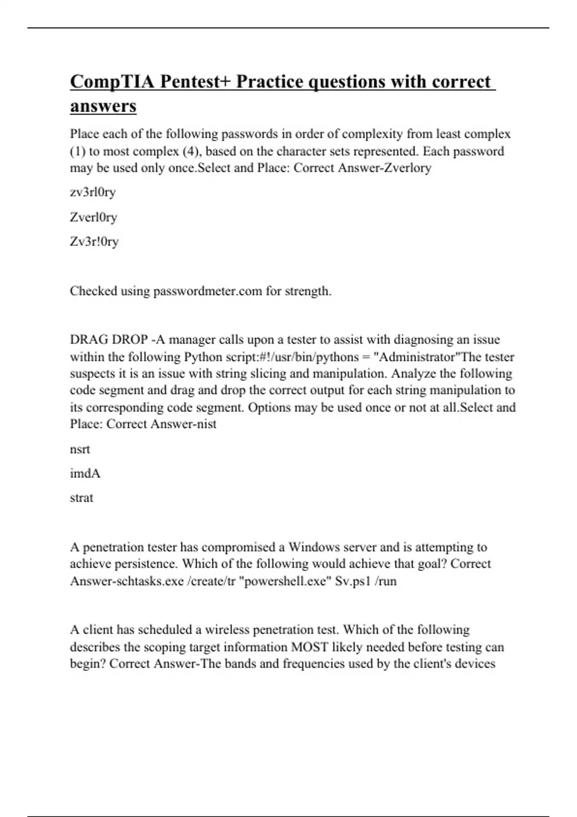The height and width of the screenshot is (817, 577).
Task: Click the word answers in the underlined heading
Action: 103,106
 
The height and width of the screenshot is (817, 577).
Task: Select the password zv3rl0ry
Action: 93,192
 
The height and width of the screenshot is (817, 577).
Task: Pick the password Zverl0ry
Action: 93,217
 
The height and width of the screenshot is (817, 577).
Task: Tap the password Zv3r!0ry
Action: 94,241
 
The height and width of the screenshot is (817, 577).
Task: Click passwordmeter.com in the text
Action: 208,291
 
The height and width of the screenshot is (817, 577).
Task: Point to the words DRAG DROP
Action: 109,340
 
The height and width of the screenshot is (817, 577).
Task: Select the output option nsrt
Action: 80,449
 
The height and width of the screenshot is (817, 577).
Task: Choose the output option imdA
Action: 85,474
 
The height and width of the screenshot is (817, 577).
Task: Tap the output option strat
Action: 81,498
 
